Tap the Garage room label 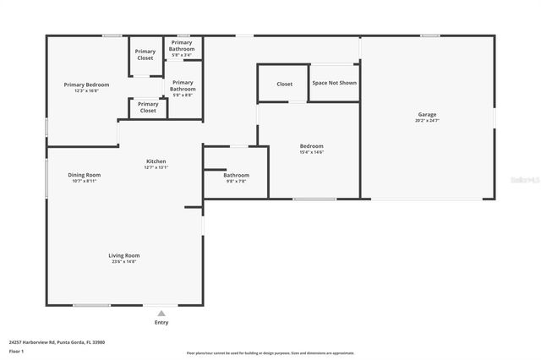click(427, 114)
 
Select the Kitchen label click(156, 161)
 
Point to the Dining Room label click(85, 175)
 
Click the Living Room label click(123, 255)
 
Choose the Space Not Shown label click(334, 83)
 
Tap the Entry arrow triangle click(161, 312)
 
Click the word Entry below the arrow click(161, 322)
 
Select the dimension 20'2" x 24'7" click(427, 121)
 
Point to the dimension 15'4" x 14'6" click(311, 152)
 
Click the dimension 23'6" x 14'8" click(123, 262)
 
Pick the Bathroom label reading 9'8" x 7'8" click(236, 175)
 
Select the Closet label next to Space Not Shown click(284, 84)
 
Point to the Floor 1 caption click(16, 350)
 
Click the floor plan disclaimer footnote click(270, 353)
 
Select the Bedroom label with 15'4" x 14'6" click(311, 145)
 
